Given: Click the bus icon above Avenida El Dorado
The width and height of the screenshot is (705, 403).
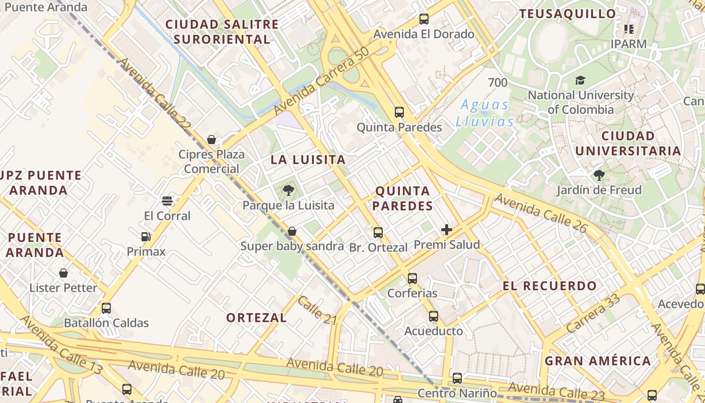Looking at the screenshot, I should pyautogui.click(x=424, y=19).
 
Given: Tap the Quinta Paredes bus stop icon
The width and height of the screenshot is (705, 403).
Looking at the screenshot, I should pyautogui.click(x=399, y=112).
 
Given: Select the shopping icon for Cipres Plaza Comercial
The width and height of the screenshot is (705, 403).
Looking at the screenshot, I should pyautogui.click(x=211, y=140).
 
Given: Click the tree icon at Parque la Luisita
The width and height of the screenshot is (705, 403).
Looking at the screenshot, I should pyautogui.click(x=289, y=190).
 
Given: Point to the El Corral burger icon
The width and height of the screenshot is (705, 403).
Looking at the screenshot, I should pyautogui.click(x=168, y=201).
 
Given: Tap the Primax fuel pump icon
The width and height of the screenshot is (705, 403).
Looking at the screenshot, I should pyautogui.click(x=146, y=236).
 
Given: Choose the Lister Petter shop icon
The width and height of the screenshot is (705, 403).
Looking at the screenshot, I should pyautogui.click(x=63, y=273).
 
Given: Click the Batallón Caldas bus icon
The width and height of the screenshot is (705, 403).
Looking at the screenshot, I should pyautogui.click(x=106, y=308).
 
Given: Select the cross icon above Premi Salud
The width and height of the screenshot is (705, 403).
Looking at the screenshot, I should pyautogui.click(x=446, y=230).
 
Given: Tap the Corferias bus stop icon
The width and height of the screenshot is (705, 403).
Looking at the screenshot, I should pyautogui.click(x=412, y=278).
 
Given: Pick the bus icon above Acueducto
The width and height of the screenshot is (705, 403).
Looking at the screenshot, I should pyautogui.click(x=434, y=316).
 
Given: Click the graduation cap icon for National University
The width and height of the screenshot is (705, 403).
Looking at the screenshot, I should pyautogui.click(x=581, y=80).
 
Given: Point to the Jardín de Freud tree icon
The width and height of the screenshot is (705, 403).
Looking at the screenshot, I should pyautogui.click(x=599, y=175).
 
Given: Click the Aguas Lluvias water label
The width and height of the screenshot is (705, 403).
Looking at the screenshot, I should pyautogui.click(x=485, y=113).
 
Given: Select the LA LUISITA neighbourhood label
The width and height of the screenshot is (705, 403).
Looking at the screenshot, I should pyautogui.click(x=308, y=160).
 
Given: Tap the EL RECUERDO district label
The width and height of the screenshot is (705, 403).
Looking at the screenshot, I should pyautogui.click(x=549, y=286).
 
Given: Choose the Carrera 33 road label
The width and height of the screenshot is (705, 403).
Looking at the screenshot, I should pyautogui.click(x=593, y=313).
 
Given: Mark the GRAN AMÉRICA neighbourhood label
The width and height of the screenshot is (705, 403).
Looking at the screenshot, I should pyautogui.click(x=598, y=361).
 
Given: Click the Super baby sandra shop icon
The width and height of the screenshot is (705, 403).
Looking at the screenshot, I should pyautogui.click(x=292, y=231).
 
